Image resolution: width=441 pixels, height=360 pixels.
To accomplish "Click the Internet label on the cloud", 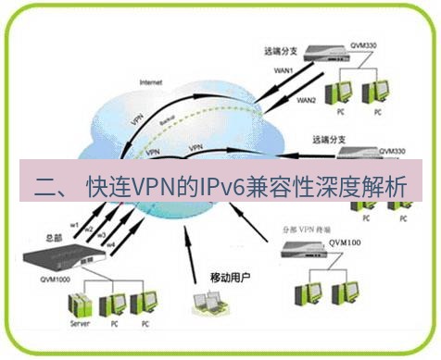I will [150, 81].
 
